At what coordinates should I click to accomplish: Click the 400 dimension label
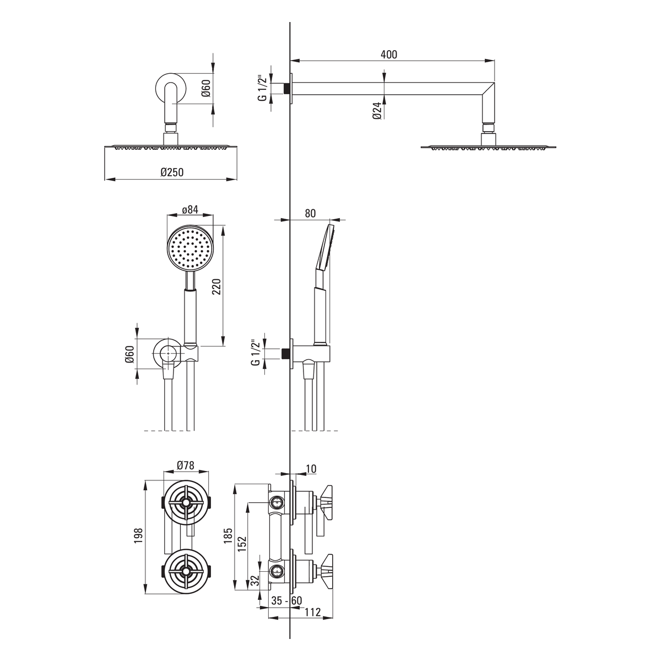(389, 55)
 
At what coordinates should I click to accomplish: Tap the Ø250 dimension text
(172, 172)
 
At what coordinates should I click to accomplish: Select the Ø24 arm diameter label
(377, 111)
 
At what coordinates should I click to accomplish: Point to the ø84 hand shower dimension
(190, 209)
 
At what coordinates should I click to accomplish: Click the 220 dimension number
(216, 287)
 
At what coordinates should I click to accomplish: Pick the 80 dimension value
(310, 213)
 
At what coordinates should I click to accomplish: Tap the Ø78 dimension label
(186, 465)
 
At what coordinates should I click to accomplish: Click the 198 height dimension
(138, 535)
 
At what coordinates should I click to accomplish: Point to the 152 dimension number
(242, 544)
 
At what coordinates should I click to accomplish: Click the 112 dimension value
(312, 612)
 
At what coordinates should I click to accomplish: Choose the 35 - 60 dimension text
(286, 600)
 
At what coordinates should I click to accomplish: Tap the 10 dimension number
(311, 469)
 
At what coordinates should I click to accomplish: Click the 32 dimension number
(255, 581)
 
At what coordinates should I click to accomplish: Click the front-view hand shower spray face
(190, 248)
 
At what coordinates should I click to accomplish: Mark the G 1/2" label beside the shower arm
(262, 88)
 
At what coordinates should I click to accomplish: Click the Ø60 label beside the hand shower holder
(129, 354)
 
